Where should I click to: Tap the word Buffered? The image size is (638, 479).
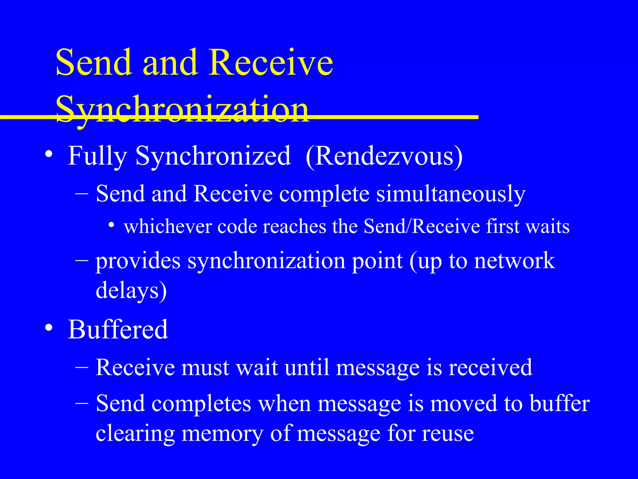(x=118, y=329)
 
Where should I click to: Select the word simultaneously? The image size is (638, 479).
(x=451, y=194)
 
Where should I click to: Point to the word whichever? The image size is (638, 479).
(x=168, y=226)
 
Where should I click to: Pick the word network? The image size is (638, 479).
(x=514, y=261)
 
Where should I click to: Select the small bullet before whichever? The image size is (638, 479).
(x=111, y=225)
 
